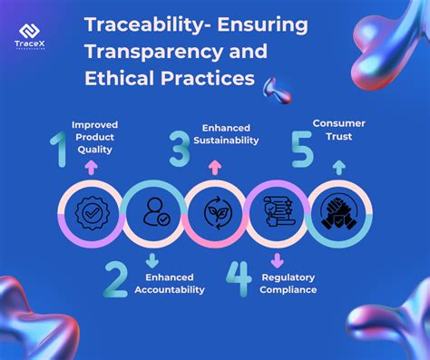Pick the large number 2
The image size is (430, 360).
coord(115,279)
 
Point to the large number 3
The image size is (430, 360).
coord(180,147)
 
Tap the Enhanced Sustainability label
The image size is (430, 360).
coord(230,134)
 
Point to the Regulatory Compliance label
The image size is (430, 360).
coord(288,283)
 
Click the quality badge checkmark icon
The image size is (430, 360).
coord(92,215)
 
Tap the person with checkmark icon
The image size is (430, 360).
coord(153,215)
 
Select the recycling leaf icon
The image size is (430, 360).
coord(215,215)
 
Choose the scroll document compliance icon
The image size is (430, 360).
coord(276,215)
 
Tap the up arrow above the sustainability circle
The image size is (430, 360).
coord(215,167)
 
